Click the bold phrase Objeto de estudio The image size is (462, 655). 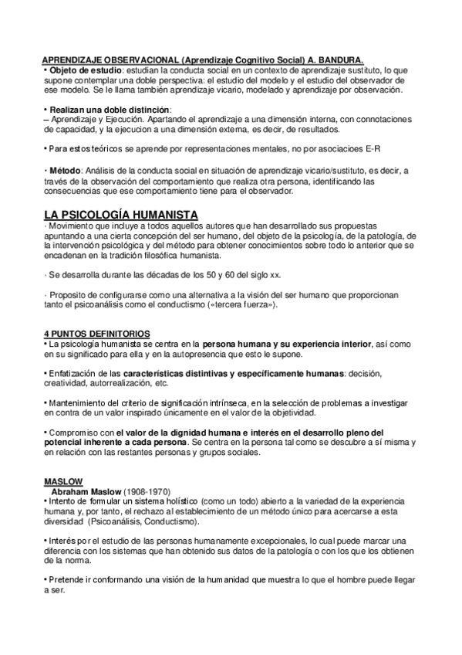[x=83, y=70]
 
